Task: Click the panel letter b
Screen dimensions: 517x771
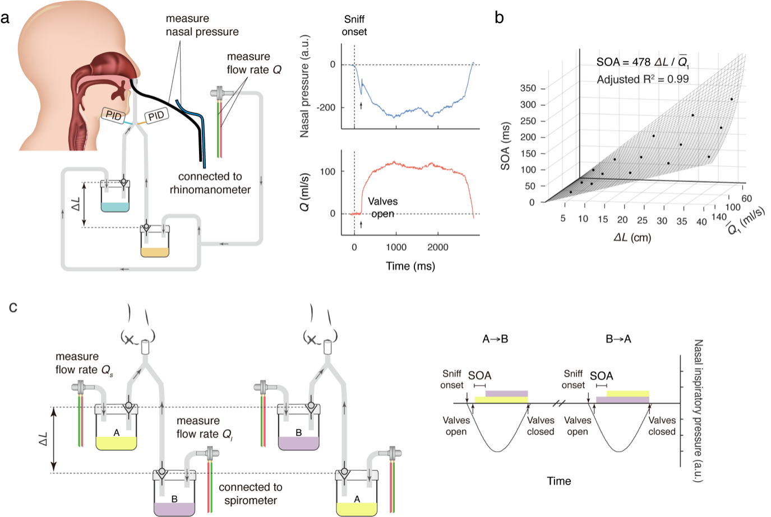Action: [x=499, y=18]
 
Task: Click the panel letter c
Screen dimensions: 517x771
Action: [x=13, y=307]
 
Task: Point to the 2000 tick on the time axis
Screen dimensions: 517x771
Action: [x=438, y=247]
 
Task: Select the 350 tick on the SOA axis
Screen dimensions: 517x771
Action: [x=528, y=89]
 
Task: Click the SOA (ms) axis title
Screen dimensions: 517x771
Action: [x=506, y=146]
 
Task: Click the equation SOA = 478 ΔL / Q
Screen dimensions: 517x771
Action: [x=642, y=62]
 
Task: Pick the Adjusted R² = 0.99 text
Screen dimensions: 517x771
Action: [x=643, y=80]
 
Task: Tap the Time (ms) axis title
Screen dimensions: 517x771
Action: [x=410, y=266]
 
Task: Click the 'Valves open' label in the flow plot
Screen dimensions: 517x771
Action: [x=382, y=207]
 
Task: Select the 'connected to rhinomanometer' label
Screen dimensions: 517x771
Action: [x=210, y=183]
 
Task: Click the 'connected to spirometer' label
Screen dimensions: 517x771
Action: [x=251, y=493]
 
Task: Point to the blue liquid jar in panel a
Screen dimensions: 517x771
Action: [x=115, y=201]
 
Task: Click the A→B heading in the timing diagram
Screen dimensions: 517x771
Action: [x=495, y=339]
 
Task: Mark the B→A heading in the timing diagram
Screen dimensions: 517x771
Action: [x=618, y=339]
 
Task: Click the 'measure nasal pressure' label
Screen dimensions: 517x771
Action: [x=202, y=25]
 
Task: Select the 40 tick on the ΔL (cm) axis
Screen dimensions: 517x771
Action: [x=701, y=222]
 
